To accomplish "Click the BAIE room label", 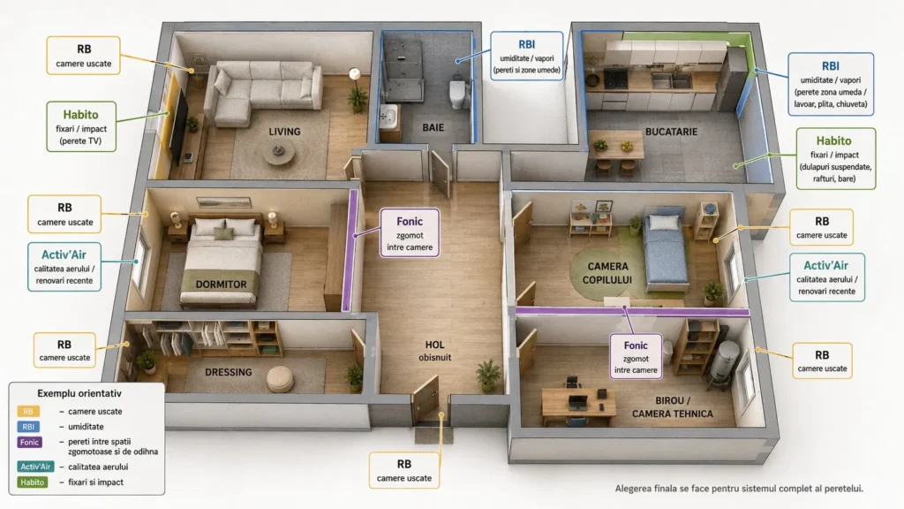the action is pyautogui.click(x=433, y=127).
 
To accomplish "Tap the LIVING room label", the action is pyautogui.click(x=284, y=132).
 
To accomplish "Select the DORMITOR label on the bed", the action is pyautogui.click(x=221, y=284).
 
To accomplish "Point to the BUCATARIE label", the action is pyautogui.click(x=671, y=132).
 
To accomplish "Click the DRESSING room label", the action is pyautogui.click(x=229, y=372).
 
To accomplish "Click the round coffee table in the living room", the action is pyautogui.click(x=278, y=152).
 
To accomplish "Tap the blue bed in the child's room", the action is pyautogui.click(x=667, y=248).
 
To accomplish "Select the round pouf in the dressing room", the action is pyautogui.click(x=280, y=378).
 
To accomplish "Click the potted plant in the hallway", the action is pyautogui.click(x=487, y=375).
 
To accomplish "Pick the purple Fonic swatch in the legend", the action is pyautogui.click(x=29, y=442).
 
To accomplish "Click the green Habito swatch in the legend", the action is pyautogui.click(x=32, y=482).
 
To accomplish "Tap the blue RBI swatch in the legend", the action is pyautogui.click(x=28, y=427).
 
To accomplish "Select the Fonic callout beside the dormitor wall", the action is pyautogui.click(x=410, y=232).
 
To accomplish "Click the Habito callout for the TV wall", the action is pyautogui.click(x=81, y=127).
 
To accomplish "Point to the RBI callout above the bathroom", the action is pyautogui.click(x=526, y=56).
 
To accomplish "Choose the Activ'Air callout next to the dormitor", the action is pyautogui.click(x=64, y=267).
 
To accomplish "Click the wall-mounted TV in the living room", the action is pyautogui.click(x=179, y=127).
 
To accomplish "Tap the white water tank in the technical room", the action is pyautogui.click(x=724, y=361).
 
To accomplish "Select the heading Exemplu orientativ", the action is pyautogui.click(x=79, y=393).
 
